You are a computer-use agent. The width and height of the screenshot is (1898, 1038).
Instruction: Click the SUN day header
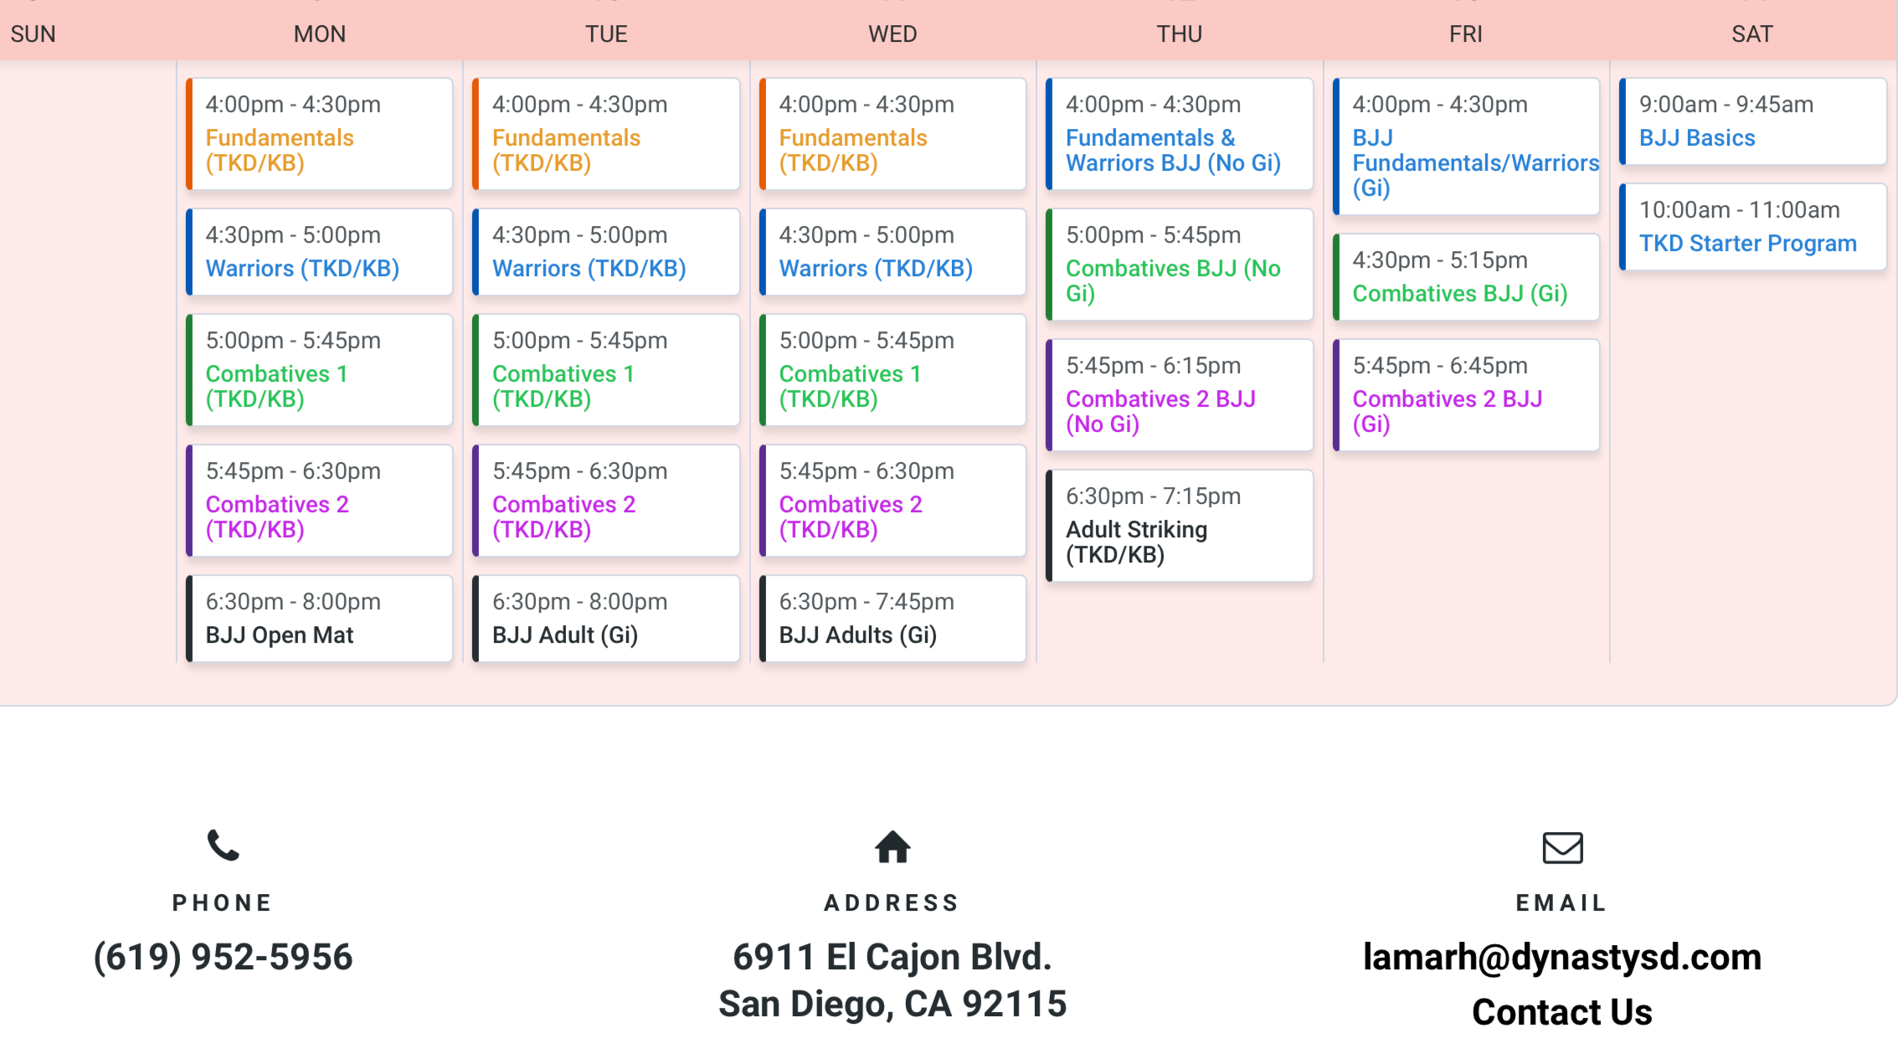coord(33,34)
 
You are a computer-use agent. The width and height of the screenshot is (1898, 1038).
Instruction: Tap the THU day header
coord(1179,34)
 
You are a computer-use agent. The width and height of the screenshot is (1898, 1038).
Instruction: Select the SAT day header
coord(1751,34)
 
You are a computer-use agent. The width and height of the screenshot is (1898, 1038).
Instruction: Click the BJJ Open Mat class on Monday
coord(280,635)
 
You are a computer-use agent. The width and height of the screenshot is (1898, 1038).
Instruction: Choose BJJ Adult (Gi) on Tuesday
coord(565,635)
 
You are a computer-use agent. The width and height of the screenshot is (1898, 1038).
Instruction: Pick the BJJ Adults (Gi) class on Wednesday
coord(857,635)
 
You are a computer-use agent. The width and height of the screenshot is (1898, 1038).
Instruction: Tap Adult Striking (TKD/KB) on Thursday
coord(1136,542)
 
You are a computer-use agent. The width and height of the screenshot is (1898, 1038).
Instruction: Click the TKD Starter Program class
coord(1747,244)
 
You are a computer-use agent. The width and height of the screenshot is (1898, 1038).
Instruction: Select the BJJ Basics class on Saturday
coord(1697,138)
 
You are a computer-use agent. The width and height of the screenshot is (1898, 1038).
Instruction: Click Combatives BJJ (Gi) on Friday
coord(1459,294)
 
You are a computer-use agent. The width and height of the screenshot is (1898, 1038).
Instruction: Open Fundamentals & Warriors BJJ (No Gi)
coord(1173,151)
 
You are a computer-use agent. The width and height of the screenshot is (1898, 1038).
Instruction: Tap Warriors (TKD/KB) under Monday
coord(302,269)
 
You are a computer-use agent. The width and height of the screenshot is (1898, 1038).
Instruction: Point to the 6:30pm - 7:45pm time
coord(867,602)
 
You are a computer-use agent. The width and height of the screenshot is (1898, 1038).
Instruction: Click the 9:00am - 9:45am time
coord(1726,105)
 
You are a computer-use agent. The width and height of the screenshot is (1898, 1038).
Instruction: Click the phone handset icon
coord(223,845)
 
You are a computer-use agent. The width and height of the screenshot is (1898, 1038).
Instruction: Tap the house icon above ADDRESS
coord(892,847)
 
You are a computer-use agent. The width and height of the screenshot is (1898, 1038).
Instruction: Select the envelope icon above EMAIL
coord(1562,847)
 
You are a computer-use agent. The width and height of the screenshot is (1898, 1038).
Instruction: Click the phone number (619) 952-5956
coord(223,957)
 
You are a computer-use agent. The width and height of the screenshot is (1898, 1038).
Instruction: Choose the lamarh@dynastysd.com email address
coord(1562,957)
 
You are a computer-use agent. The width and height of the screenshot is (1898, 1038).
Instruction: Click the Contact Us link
coord(1562,1012)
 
